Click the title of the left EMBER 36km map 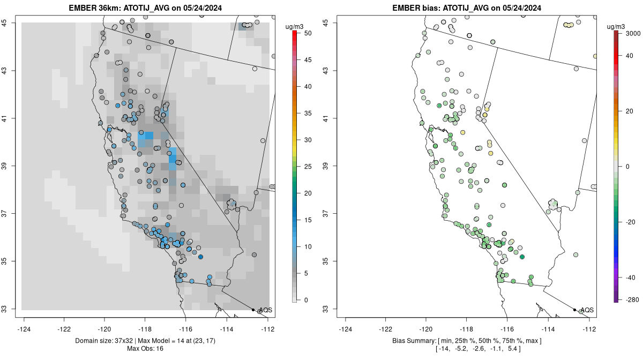pos(147,8)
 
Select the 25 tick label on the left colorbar pos(308,167)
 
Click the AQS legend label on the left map pos(265,310)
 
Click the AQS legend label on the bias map pos(587,310)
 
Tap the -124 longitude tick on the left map pos(24,329)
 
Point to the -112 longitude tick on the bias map pos(589,329)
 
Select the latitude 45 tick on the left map pos(11,22)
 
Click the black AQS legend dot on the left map pos(253,310)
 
